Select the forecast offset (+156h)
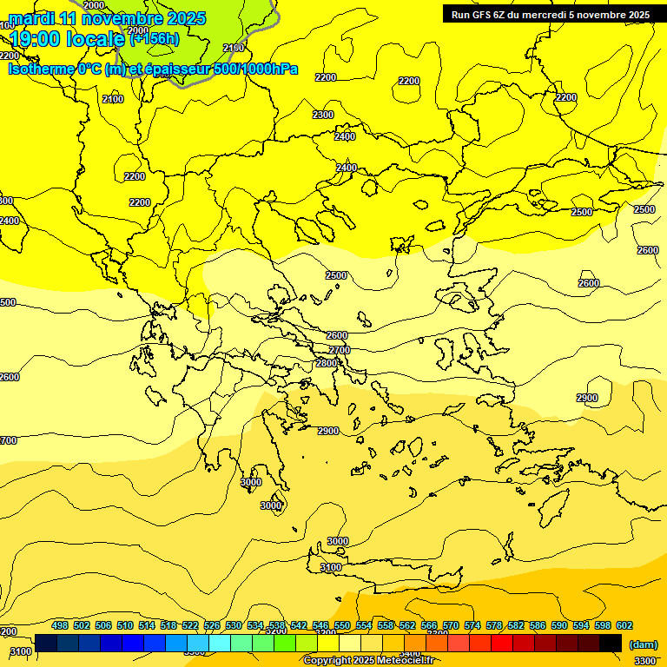point(155,38)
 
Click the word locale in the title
point(98,39)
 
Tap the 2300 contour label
point(323,115)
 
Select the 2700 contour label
point(339,350)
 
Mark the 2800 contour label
point(327,363)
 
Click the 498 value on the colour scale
point(60,625)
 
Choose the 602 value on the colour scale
point(624,625)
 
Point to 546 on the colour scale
point(320,625)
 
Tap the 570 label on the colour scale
point(451,625)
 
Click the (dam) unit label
point(643,644)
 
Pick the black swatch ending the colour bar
point(611,643)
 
